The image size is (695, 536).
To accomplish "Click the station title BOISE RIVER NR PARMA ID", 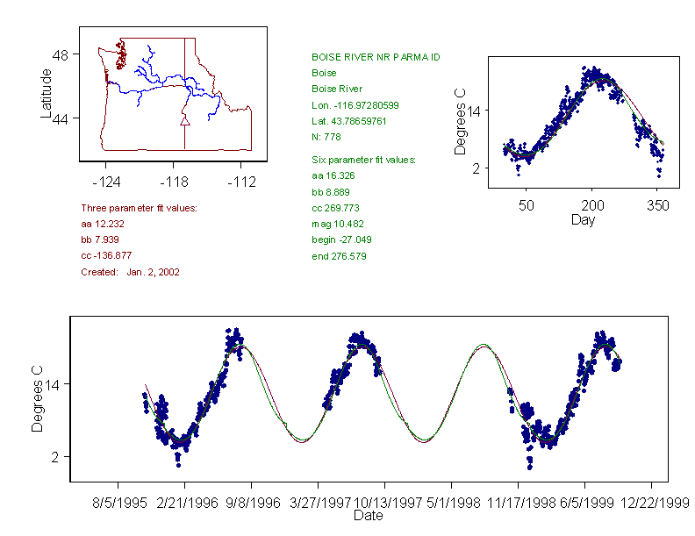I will pos(376,57).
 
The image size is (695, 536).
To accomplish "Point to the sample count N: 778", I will pos(326,137).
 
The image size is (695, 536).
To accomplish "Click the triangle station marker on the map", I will pos(184,120).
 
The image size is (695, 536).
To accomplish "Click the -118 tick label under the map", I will pos(173,182).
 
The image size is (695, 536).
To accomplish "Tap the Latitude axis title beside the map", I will pos(47,93).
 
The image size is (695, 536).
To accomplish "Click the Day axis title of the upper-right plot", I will pos(583,220).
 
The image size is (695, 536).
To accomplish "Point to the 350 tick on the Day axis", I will pos(658,205).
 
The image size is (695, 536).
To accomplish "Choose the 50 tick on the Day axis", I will pos(526,205).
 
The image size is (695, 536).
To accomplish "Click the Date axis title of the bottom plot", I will pos(368,516).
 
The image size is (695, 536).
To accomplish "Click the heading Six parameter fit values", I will pos(364,160).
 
